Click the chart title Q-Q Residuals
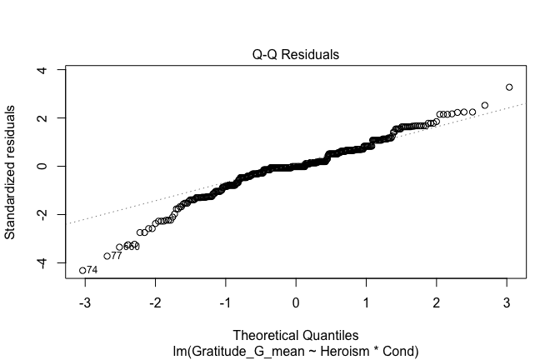click(x=296, y=55)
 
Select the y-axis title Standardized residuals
click(x=11, y=172)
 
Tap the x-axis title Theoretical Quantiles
click(x=296, y=336)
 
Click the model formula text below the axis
click(x=296, y=352)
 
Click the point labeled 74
click(x=82, y=270)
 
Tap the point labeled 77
click(x=107, y=256)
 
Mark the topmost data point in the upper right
click(x=509, y=87)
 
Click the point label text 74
click(x=93, y=271)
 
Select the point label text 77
click(x=117, y=256)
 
